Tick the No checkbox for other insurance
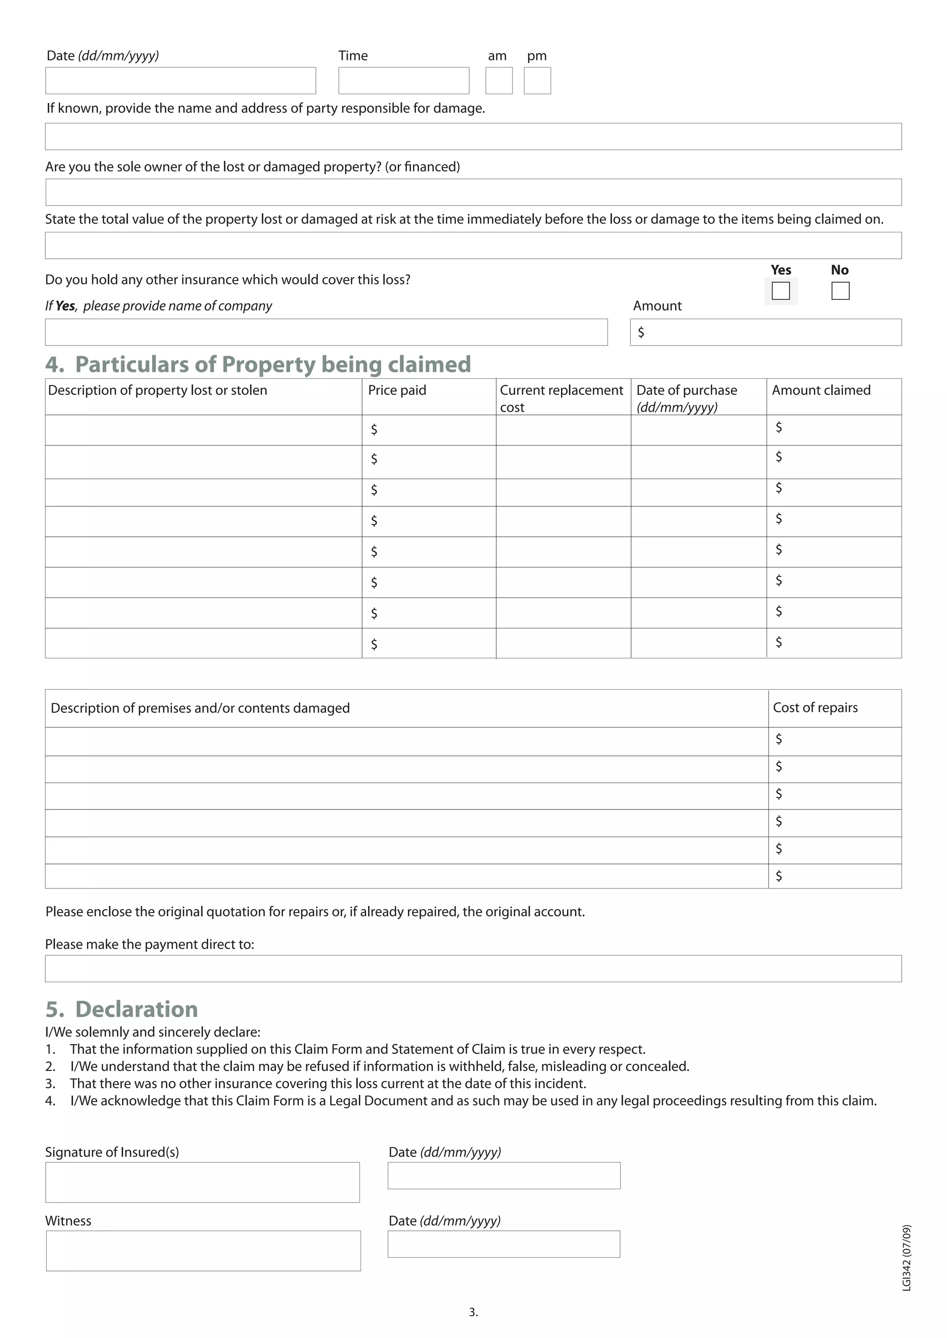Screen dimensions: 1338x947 pyautogui.click(x=840, y=290)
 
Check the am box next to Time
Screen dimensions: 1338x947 pyautogui.click(x=498, y=80)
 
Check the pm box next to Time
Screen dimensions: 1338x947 pyautogui.click(x=537, y=80)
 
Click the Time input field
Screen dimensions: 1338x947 pyautogui.click(x=404, y=80)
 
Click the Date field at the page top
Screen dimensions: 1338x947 pyautogui.click(x=181, y=80)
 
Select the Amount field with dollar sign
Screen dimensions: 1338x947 pyautogui.click(x=765, y=332)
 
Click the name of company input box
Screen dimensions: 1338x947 pyautogui.click(x=326, y=332)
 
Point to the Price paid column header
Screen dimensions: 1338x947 pyautogui.click(x=397, y=390)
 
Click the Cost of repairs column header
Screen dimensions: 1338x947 pyautogui.click(x=815, y=707)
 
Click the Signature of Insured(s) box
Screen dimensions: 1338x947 pyautogui.click(x=203, y=1182)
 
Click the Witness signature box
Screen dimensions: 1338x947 pyautogui.click(x=203, y=1251)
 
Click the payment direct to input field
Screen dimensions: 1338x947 pyautogui.click(x=473, y=968)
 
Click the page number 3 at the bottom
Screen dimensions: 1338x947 pyautogui.click(x=473, y=1313)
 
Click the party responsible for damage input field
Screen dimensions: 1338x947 pyautogui.click(x=473, y=136)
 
